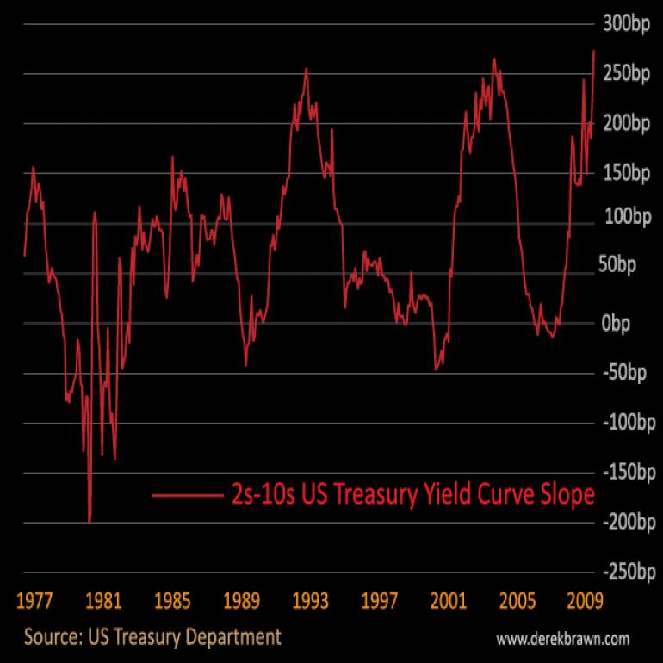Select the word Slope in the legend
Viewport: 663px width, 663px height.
564,495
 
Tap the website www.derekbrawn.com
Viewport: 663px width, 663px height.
563,639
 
